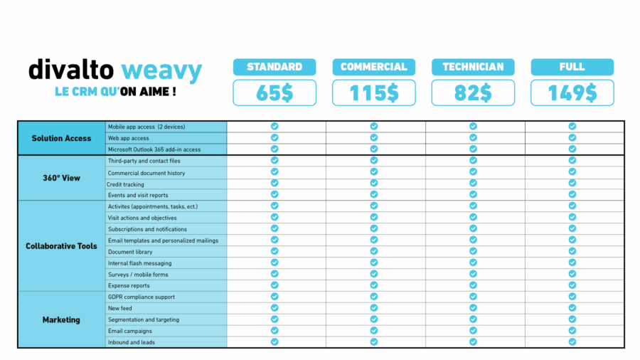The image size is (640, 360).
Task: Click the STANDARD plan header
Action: coord(274,67)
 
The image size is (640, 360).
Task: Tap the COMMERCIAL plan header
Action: coord(373,67)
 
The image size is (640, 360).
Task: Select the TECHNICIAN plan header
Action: coord(473,67)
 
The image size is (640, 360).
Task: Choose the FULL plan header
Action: coord(572,67)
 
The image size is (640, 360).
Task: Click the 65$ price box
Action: coord(274,92)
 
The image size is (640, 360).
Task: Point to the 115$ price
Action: coord(373,92)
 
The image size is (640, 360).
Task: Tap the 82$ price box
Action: coord(473,92)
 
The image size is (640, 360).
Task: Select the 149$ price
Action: coord(572,92)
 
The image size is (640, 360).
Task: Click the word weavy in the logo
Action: coord(161,70)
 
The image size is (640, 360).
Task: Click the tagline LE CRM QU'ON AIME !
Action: coord(115,92)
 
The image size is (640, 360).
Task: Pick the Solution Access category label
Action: coord(61,138)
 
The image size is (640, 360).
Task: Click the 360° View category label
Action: coord(61,178)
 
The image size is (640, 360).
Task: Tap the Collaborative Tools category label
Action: coord(61,246)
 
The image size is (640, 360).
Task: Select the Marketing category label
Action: coord(61,320)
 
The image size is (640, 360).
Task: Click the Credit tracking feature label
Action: coord(126,184)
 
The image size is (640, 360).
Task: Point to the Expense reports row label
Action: coord(129,286)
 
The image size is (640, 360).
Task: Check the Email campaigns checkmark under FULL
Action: coord(572,331)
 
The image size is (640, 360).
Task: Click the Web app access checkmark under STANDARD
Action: coord(274,138)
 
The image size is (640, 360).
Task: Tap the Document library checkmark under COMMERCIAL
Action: coord(373,252)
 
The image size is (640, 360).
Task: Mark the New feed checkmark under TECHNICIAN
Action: coord(473,308)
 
